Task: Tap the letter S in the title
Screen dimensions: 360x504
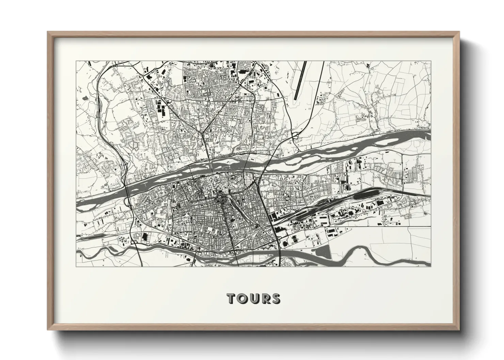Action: click(x=275, y=298)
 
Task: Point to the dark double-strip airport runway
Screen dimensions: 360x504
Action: click(x=300, y=80)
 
